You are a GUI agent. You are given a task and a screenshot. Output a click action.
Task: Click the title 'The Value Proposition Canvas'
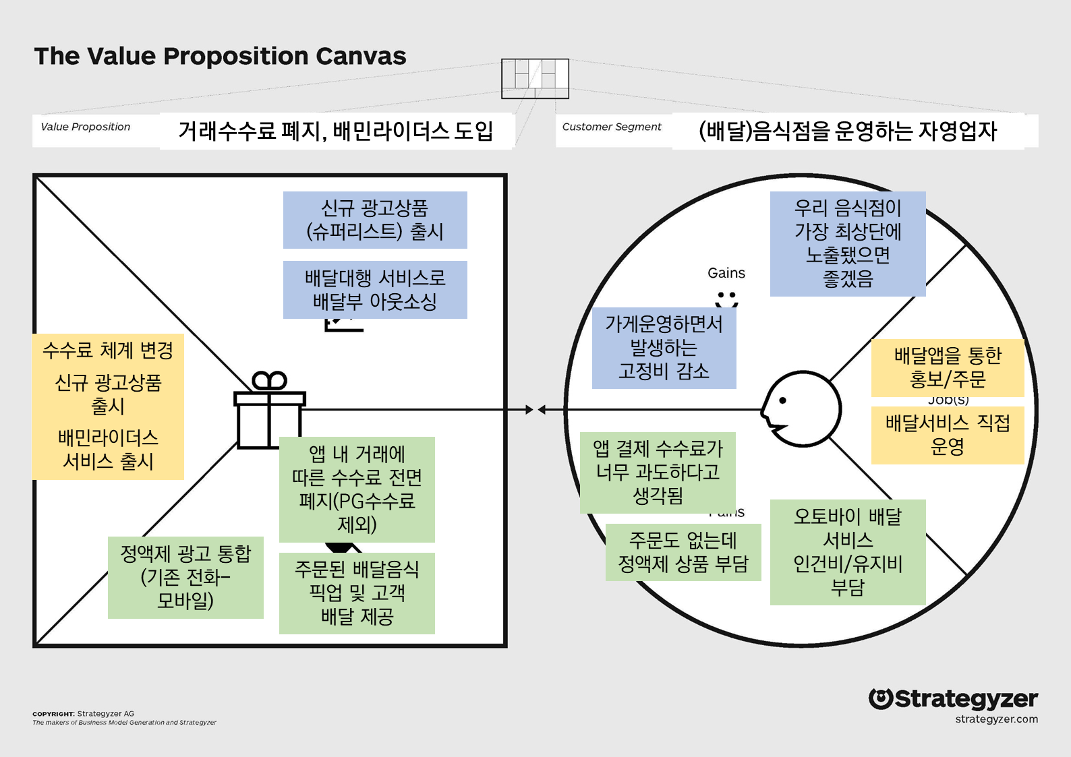[x=220, y=56]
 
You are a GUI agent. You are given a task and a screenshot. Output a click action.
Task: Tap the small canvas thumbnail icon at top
[x=535, y=78]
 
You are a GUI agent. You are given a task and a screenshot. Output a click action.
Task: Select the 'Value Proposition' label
[x=86, y=127]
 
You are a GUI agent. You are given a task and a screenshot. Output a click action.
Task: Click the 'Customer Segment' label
[x=612, y=127]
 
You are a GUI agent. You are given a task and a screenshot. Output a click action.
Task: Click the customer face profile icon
[x=801, y=408]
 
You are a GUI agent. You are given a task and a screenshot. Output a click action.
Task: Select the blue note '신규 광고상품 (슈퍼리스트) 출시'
[x=375, y=220]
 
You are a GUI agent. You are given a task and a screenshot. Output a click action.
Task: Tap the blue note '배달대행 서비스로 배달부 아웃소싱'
[x=375, y=290]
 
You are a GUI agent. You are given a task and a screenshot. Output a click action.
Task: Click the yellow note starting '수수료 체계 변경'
[x=108, y=406]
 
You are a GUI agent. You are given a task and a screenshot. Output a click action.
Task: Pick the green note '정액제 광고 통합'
[x=185, y=577]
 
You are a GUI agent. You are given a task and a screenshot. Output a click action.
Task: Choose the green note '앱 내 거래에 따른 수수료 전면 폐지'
[x=357, y=489]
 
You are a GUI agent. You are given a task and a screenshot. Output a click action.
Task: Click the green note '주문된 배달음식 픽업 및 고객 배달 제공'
[x=357, y=593]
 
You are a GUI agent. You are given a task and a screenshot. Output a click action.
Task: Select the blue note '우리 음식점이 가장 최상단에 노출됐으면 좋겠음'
[x=848, y=243]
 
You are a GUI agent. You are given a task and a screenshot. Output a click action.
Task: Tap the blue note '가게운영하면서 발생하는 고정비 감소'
[x=664, y=348]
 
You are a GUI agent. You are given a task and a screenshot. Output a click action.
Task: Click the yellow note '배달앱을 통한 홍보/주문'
[x=948, y=367]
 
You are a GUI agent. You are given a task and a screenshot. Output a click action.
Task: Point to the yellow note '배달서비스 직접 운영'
[x=948, y=435]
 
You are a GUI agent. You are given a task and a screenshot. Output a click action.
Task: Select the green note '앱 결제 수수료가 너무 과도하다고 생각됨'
[x=658, y=473]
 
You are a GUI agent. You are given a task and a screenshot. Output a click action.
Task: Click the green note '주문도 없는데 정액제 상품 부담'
[x=683, y=552]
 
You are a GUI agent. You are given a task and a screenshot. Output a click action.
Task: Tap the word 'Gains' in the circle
[x=726, y=273]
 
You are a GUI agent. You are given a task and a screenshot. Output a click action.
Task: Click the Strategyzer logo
[x=953, y=700]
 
